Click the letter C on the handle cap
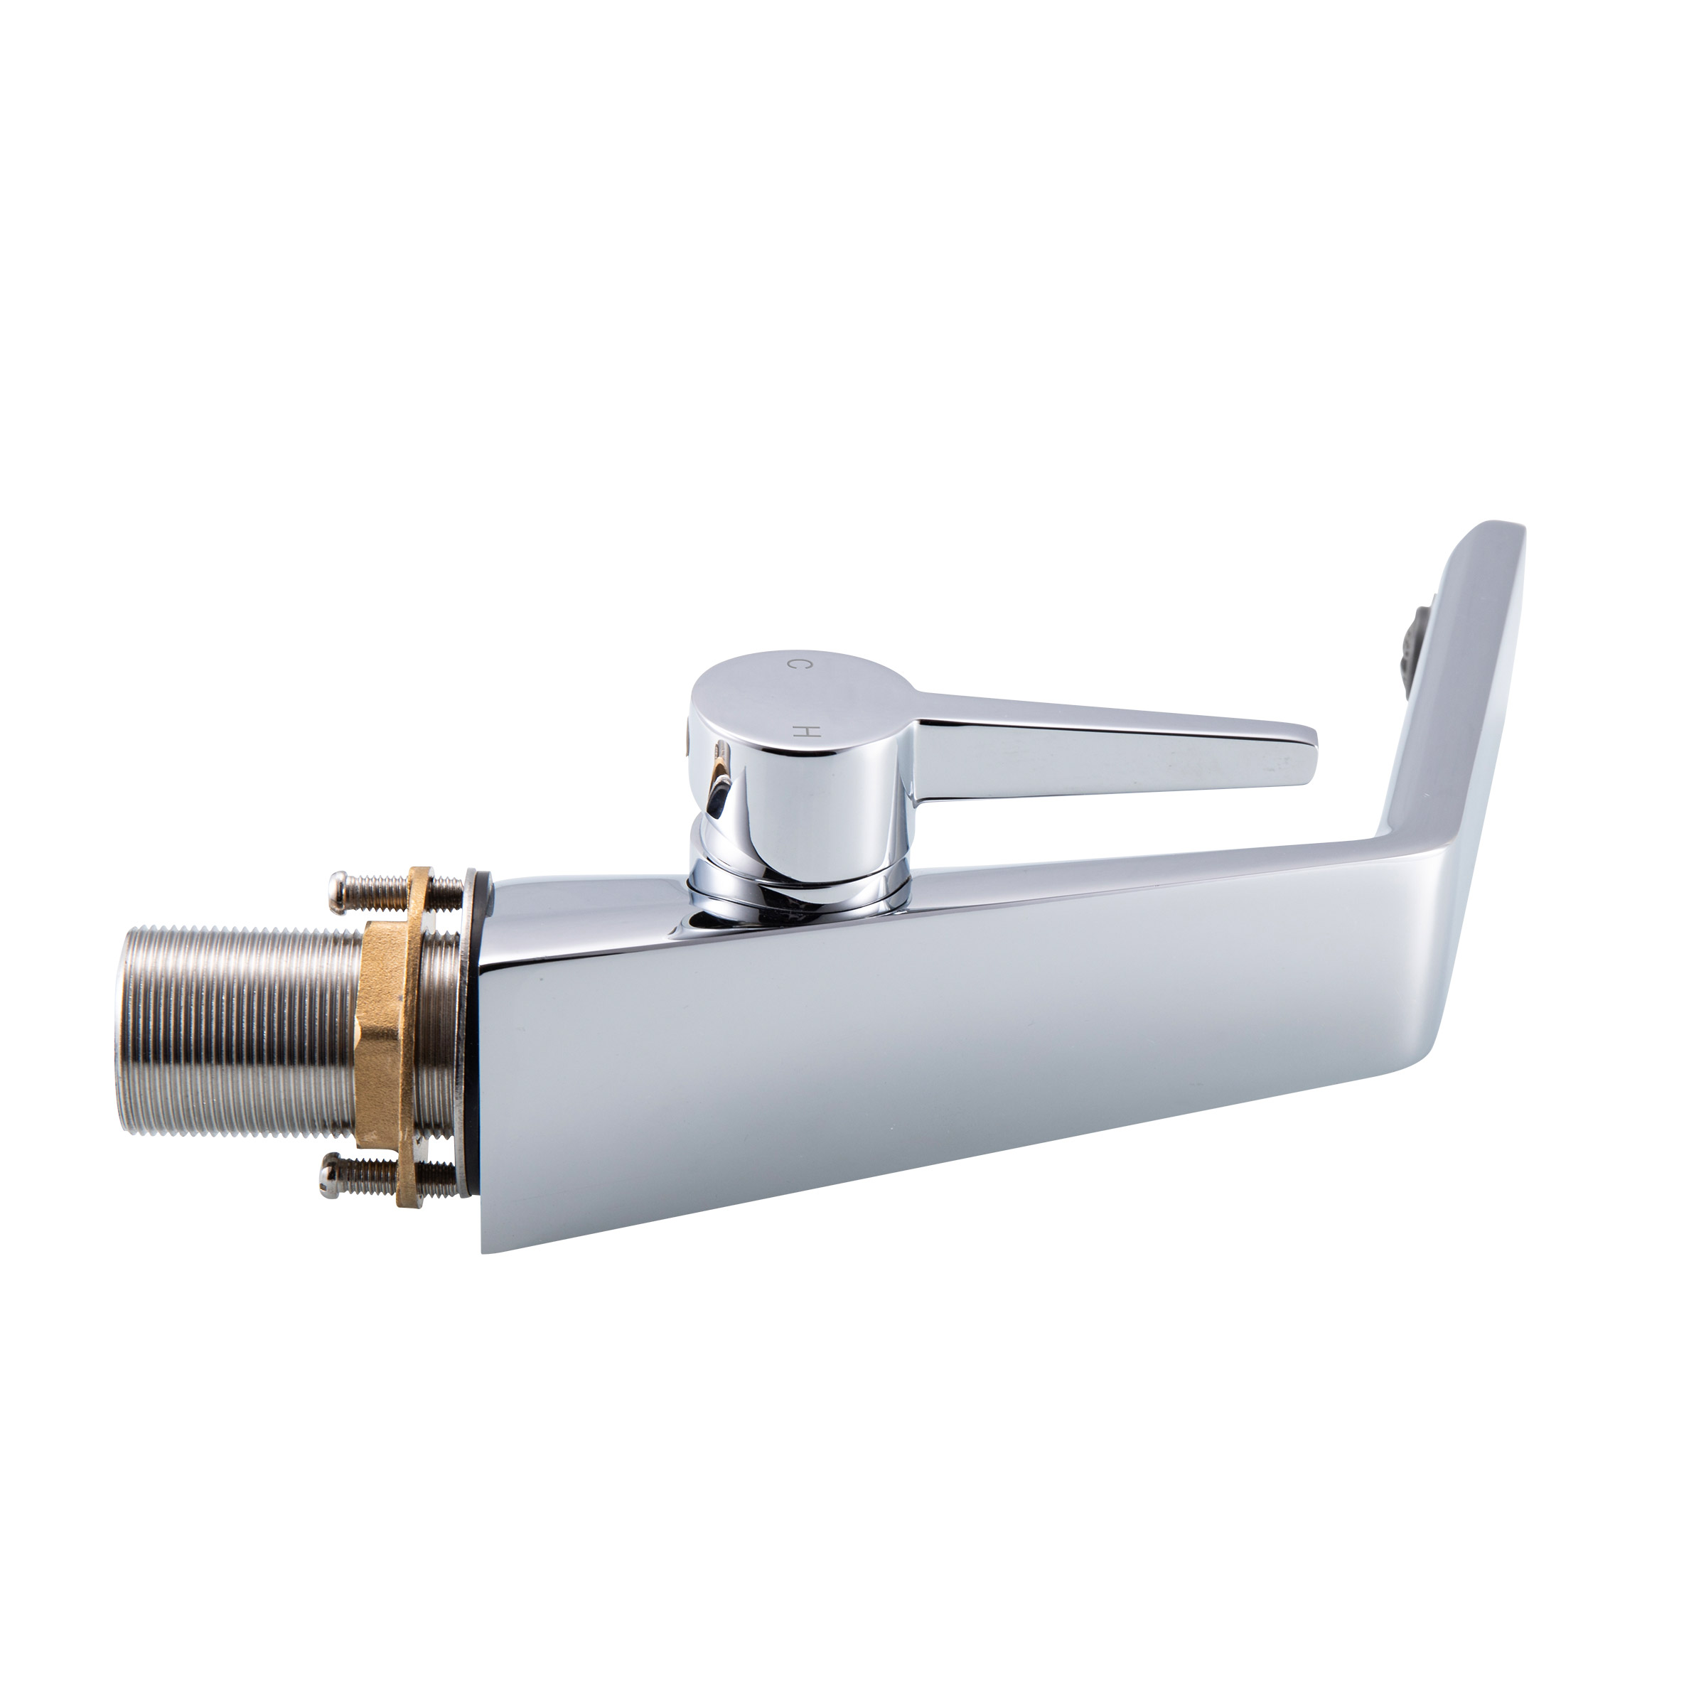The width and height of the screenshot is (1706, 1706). pyautogui.click(x=793, y=663)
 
